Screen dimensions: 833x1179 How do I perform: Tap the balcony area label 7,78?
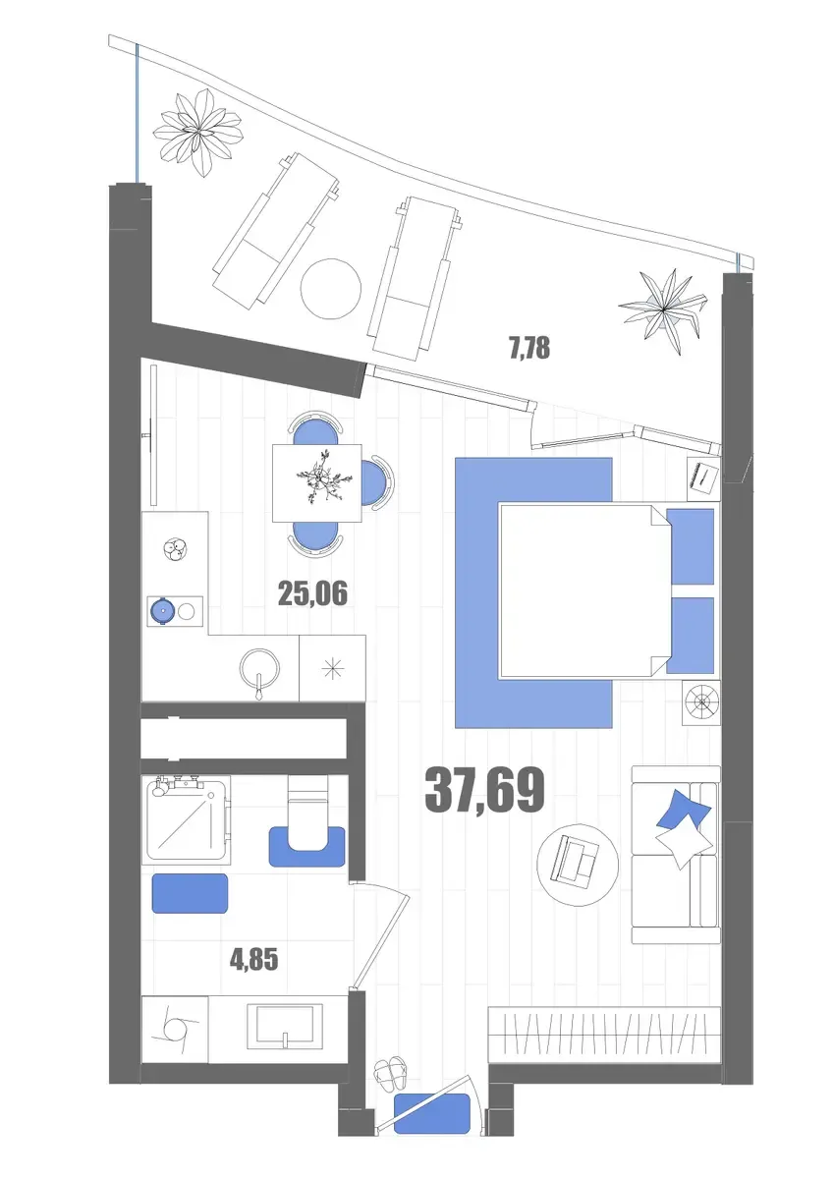point(529,349)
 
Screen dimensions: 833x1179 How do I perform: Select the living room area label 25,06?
point(312,593)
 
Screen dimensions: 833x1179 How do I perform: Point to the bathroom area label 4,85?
point(253,960)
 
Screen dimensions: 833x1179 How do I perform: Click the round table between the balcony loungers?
point(330,289)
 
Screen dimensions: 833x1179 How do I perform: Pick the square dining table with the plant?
point(316,483)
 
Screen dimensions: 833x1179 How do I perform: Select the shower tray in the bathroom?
point(187,817)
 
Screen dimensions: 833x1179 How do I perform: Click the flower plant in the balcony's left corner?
point(197,132)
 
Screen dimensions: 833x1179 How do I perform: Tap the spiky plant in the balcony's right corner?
point(663,309)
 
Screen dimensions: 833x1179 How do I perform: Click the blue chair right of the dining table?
point(377,481)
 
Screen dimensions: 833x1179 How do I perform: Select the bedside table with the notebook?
point(704,477)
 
